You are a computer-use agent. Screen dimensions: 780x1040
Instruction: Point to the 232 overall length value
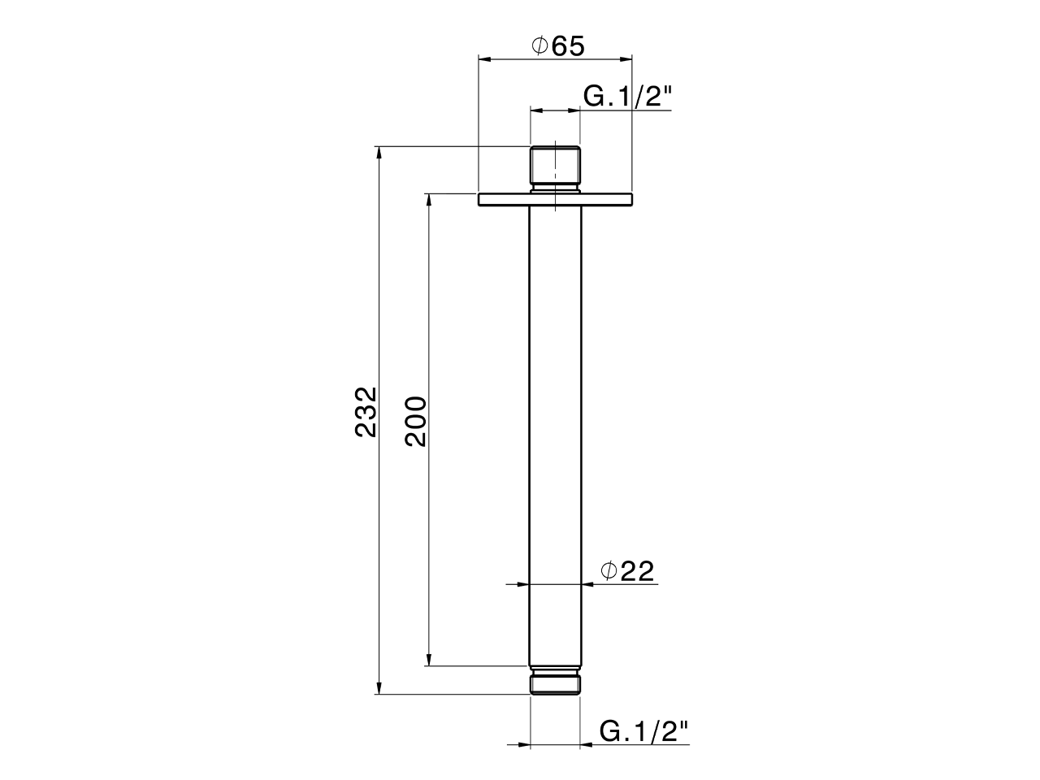(x=366, y=412)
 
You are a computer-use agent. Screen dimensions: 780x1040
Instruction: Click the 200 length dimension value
(x=415, y=421)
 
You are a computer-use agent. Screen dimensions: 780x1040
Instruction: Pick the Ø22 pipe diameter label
(x=627, y=571)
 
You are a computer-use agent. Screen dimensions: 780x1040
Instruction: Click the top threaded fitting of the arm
(x=555, y=167)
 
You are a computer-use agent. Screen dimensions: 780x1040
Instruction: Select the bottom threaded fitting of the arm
(x=555, y=682)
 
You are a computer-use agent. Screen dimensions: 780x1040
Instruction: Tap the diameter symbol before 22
(x=609, y=571)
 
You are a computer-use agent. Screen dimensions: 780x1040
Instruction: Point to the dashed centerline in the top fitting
(x=555, y=175)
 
